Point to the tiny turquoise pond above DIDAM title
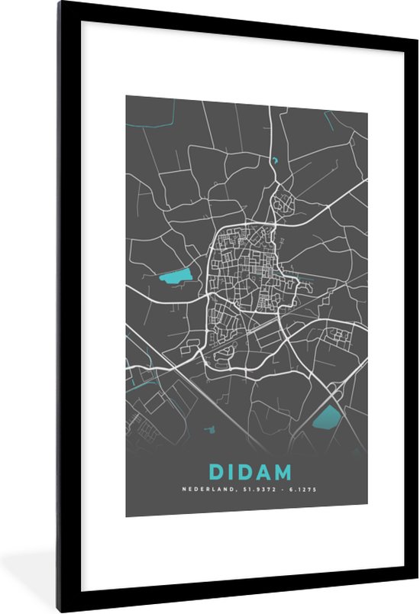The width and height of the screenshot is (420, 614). [208, 431]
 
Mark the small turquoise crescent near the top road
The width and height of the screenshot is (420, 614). [273, 160]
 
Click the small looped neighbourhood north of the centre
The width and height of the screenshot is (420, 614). [283, 203]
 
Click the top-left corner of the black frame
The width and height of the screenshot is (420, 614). [60, 5]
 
